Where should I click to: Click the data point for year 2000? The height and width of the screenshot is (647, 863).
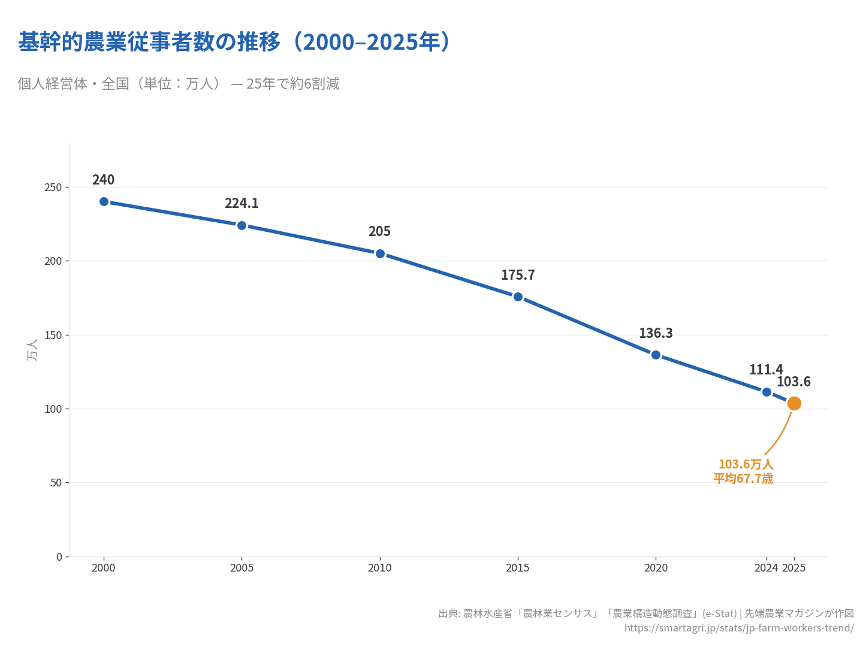tap(104, 202)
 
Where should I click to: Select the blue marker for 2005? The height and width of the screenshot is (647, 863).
tap(242, 225)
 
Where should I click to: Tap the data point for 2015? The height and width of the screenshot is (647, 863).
tap(518, 297)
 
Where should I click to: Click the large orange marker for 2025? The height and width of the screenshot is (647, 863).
tap(794, 403)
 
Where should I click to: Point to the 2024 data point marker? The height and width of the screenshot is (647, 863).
tap(767, 392)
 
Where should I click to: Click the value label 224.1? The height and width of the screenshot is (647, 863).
tap(242, 204)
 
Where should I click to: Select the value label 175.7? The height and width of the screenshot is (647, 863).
tap(518, 276)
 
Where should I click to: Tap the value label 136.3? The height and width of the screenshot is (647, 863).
tap(656, 334)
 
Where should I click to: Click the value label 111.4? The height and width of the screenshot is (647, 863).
tap(765, 370)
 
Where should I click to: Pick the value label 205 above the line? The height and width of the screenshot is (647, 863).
tap(379, 232)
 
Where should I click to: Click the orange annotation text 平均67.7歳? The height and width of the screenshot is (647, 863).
tap(743, 479)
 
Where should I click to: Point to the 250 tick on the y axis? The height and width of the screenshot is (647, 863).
tap(53, 188)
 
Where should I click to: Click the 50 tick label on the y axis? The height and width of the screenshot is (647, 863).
tap(56, 483)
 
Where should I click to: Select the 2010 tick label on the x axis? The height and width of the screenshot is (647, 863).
tap(379, 568)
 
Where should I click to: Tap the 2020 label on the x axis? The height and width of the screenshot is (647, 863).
tap(656, 568)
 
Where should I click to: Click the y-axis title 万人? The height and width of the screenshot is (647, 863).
tap(32, 350)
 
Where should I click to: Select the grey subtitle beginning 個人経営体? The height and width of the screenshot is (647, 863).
tap(178, 84)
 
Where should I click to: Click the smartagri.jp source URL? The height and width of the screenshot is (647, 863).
tap(738, 628)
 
